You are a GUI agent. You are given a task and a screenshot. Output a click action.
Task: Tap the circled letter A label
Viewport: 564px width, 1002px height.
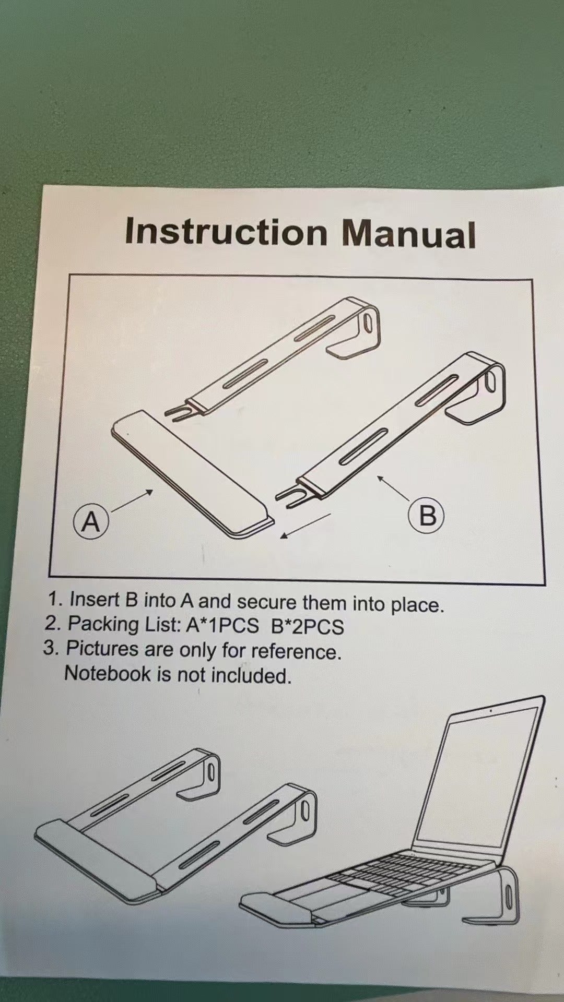click(91, 521)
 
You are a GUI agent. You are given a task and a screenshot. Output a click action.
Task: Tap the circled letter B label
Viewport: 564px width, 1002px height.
click(427, 516)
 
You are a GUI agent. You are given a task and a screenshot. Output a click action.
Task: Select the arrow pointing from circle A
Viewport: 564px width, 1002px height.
click(131, 500)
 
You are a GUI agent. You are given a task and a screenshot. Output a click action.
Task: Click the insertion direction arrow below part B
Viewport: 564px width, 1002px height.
click(305, 525)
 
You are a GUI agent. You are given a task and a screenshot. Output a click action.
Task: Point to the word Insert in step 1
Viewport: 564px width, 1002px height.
click(89, 599)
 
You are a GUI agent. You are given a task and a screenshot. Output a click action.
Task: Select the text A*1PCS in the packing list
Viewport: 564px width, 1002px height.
click(222, 625)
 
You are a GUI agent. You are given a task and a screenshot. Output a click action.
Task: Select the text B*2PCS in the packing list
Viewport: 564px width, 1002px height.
click(308, 626)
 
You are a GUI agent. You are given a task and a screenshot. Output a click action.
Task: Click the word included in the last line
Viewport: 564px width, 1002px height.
click(251, 675)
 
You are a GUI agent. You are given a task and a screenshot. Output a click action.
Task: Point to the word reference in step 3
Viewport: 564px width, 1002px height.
click(296, 652)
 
